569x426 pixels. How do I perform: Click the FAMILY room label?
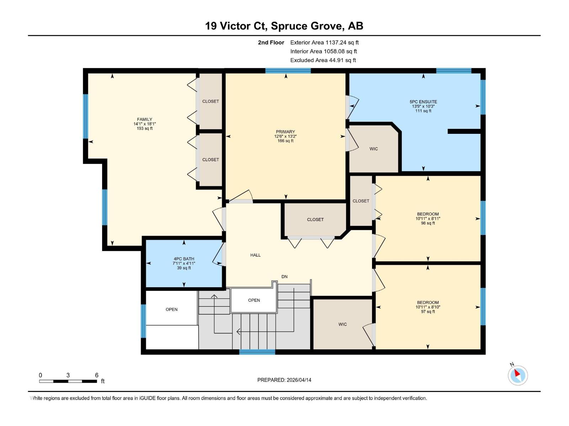[144, 120]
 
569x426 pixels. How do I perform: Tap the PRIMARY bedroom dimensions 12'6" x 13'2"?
[285, 136]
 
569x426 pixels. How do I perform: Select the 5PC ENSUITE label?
[423, 102]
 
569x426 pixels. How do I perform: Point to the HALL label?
[255, 255]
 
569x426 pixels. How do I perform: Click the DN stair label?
[284, 277]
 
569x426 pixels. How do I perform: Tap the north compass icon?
[517, 375]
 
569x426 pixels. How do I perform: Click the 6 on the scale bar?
[96, 375]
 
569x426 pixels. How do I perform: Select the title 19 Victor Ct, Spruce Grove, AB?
[284, 26]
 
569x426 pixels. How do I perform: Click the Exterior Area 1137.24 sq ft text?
[324, 43]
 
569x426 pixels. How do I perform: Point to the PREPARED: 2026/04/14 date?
[284, 380]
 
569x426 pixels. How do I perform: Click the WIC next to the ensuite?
[373, 149]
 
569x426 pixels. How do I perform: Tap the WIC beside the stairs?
[342, 324]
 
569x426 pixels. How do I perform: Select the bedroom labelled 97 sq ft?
[428, 307]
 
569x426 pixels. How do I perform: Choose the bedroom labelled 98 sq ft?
[428, 218]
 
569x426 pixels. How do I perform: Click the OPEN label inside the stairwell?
[254, 300]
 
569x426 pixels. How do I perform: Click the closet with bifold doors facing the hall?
[315, 219]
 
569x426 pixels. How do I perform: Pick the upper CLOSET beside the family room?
[211, 101]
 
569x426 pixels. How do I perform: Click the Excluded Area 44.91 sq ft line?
[323, 60]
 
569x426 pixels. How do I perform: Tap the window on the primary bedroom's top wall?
[288, 71]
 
